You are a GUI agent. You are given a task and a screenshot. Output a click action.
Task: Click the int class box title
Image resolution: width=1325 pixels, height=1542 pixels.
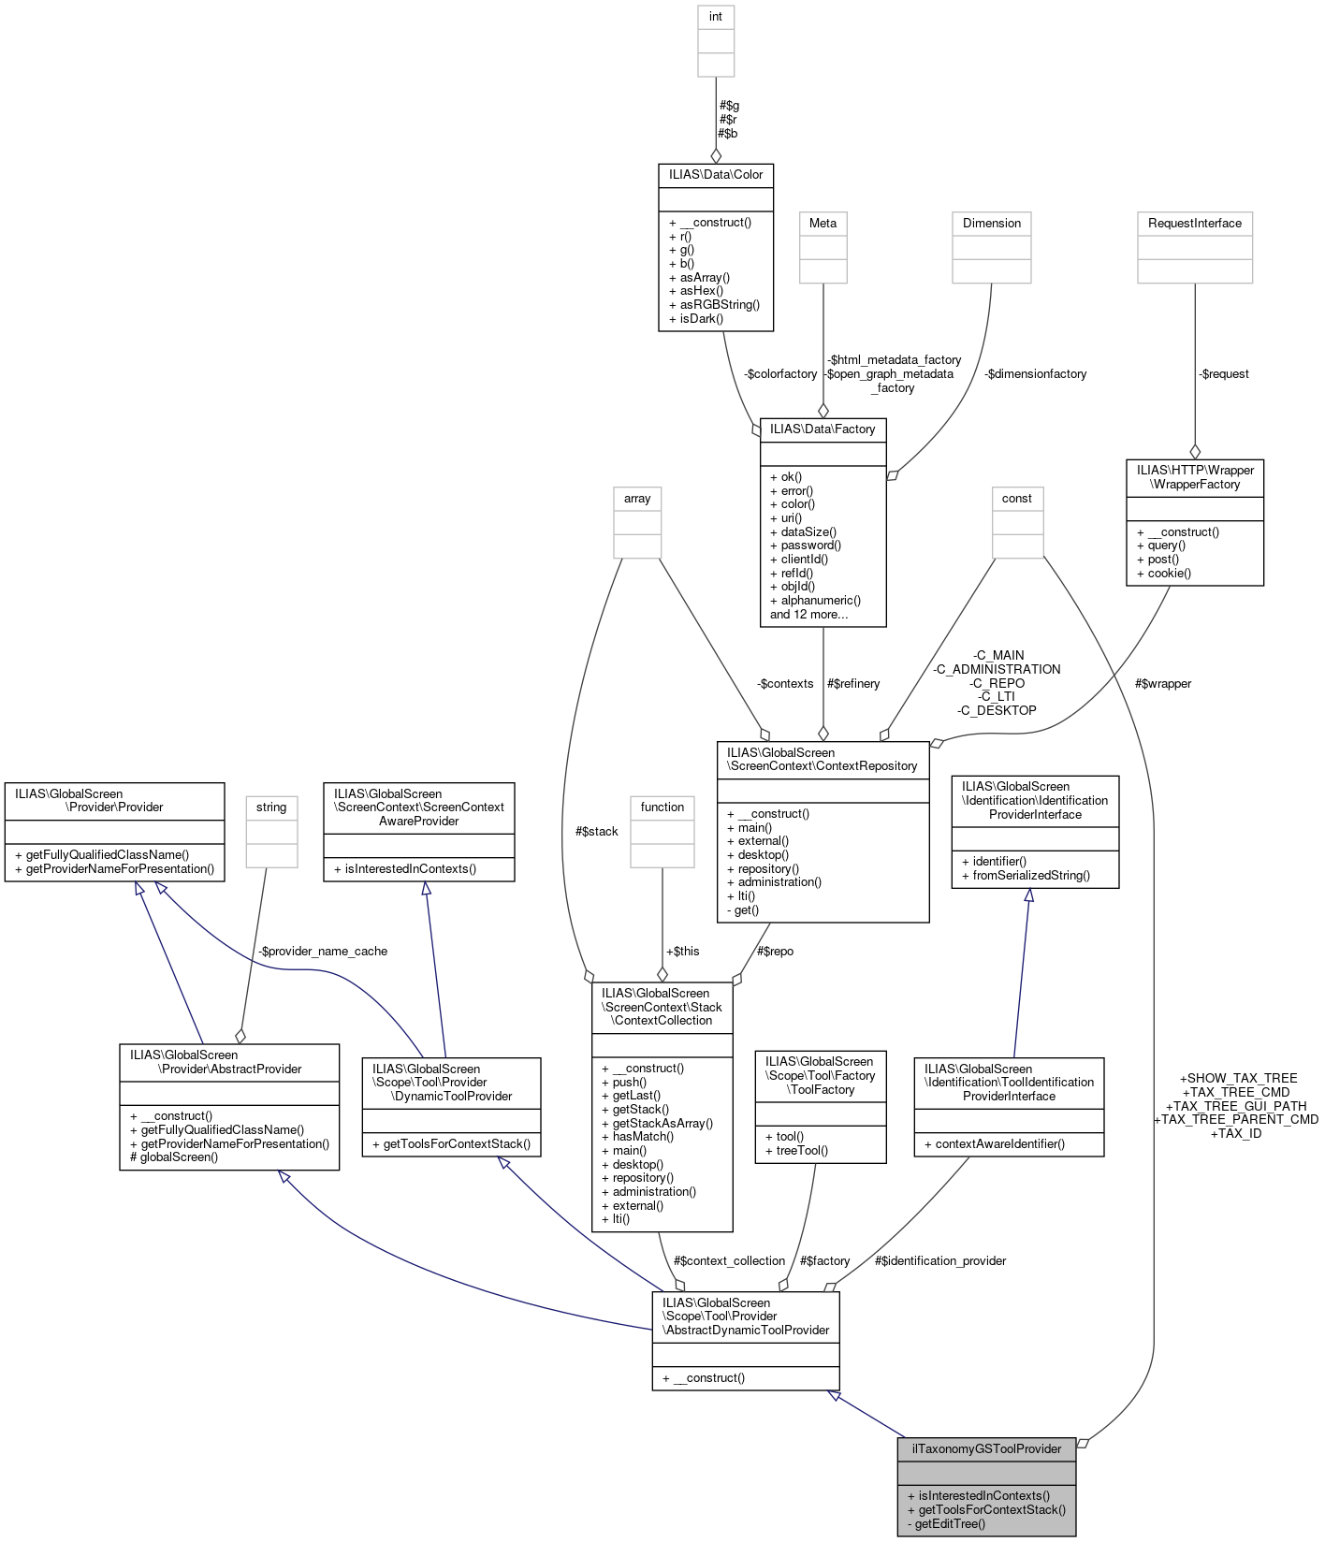click(716, 17)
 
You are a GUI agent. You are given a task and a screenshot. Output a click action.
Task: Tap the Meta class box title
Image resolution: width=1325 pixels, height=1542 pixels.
click(823, 223)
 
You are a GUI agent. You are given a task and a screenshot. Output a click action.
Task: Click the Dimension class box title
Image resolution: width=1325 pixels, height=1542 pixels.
click(992, 223)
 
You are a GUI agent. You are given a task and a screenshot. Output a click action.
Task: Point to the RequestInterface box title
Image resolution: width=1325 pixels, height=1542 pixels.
click(1195, 223)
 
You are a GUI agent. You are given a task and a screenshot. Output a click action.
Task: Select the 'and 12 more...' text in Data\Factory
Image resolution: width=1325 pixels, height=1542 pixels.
click(808, 615)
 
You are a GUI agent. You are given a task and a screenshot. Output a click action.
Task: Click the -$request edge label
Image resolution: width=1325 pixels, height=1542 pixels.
click(1224, 374)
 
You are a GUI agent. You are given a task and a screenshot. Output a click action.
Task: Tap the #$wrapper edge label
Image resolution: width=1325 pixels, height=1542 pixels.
click(1162, 684)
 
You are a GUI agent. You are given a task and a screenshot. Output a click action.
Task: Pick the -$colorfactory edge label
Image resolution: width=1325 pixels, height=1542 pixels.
click(780, 374)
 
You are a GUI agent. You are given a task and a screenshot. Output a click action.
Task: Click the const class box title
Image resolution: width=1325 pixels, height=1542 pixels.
click(1017, 499)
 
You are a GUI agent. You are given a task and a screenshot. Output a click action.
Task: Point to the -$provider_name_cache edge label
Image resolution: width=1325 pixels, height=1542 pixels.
click(323, 952)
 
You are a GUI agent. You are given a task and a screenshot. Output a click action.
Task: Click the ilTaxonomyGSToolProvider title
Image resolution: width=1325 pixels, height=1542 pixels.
click(986, 1449)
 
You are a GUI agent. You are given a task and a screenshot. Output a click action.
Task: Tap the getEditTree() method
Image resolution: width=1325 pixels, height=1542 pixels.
click(946, 1523)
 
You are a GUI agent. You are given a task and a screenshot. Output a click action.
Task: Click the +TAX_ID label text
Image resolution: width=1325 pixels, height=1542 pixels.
click(1236, 1134)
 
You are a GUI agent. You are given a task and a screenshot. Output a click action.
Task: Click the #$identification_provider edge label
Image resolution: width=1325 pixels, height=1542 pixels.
click(940, 1261)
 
